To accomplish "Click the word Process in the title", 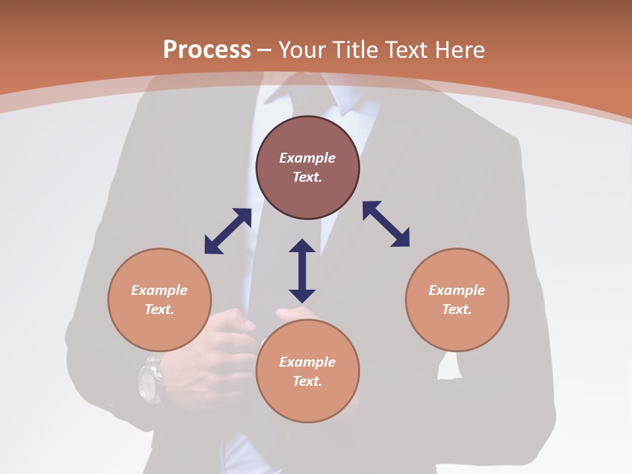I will click(207, 50).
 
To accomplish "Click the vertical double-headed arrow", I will click(302, 271).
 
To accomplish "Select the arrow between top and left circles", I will click(228, 231).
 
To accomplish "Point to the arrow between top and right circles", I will click(386, 224).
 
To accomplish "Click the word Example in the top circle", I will click(307, 158).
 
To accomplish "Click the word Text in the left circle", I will click(159, 309).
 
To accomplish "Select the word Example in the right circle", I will click(457, 290).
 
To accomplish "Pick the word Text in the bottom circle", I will click(307, 381).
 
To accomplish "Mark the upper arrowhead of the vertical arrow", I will click(302, 246).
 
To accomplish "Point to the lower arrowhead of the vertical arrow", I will click(302, 296).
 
